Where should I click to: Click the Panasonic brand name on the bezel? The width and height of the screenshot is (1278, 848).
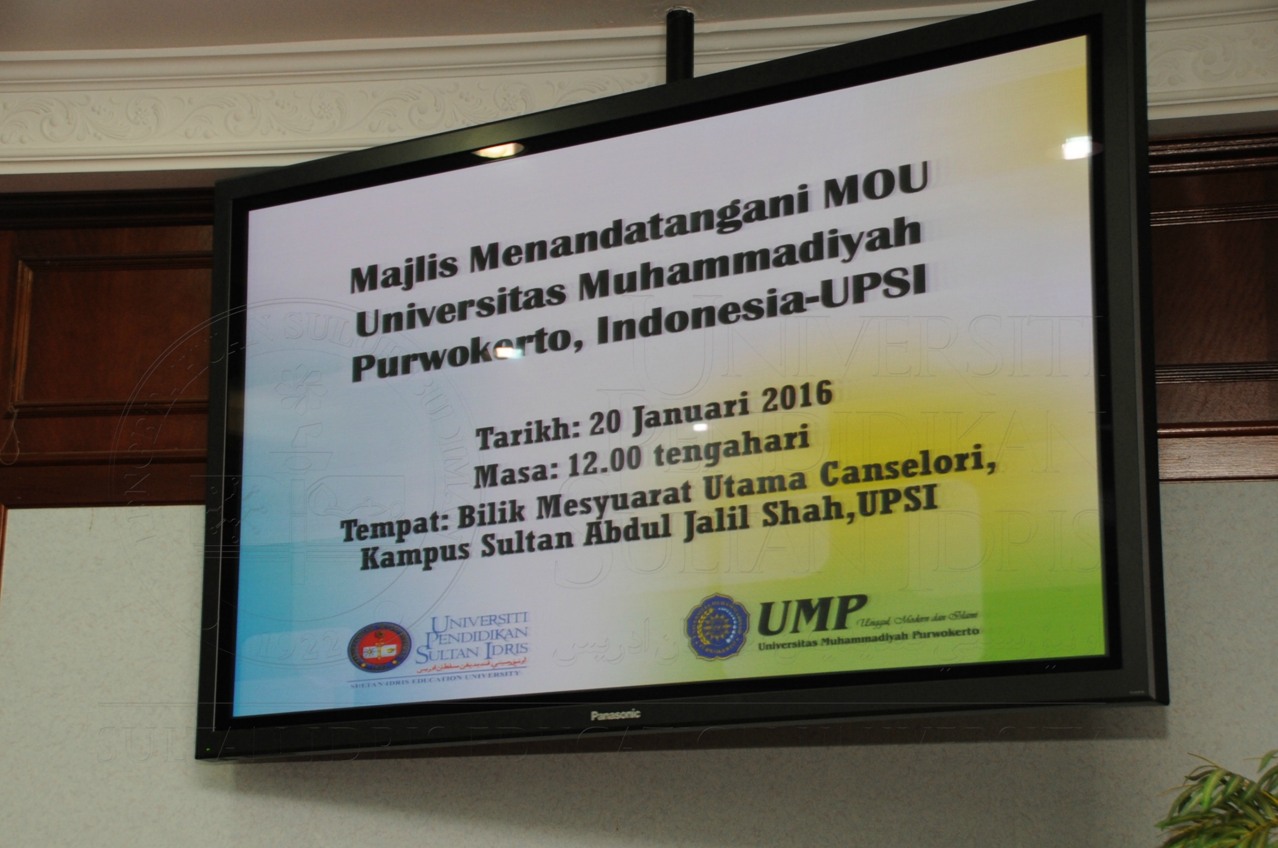point(615,715)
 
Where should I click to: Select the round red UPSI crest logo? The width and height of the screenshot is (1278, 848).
point(379,647)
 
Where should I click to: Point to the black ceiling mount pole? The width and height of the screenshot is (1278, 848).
point(679,43)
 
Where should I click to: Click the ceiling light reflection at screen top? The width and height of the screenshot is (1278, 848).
point(497,150)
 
